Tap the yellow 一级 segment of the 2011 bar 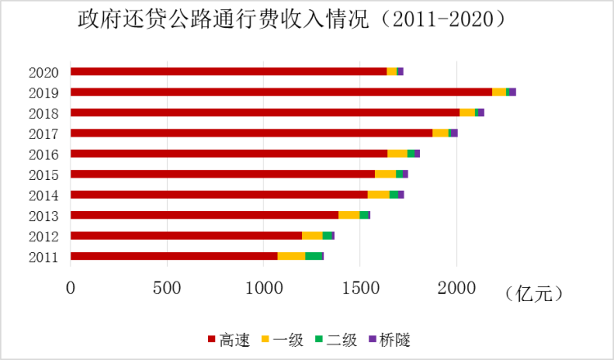[291, 256]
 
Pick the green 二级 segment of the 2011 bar [314, 256]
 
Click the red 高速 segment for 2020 [228, 72]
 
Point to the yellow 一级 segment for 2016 [397, 154]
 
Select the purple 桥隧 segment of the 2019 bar [512, 92]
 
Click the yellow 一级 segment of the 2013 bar [349, 215]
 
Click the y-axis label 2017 [43, 133]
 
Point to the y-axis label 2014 [43, 195]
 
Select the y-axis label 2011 [43, 257]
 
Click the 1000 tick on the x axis [264, 287]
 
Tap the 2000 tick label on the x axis [456, 287]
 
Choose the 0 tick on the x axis [71, 287]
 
